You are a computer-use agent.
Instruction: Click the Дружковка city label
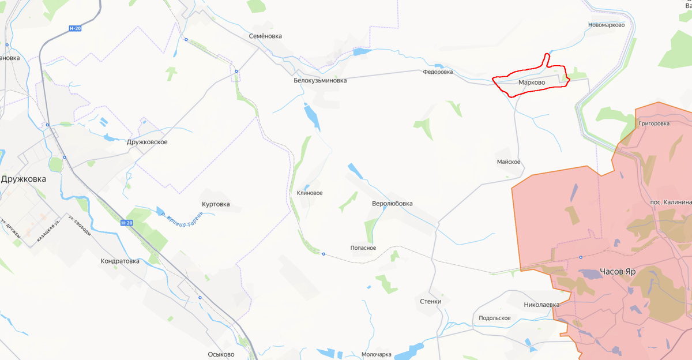pyautogui.click(x=23, y=179)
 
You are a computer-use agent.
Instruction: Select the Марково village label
pyautogui.click(x=532, y=82)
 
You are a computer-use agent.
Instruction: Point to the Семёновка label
pyautogui.click(x=265, y=36)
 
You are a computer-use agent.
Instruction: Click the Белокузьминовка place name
pyautogui.click(x=320, y=81)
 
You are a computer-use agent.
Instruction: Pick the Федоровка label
pyautogui.click(x=438, y=73)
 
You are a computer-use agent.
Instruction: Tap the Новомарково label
pyautogui.click(x=606, y=25)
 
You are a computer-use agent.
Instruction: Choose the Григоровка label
pyautogui.click(x=654, y=123)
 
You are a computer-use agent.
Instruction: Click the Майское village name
pyautogui.click(x=509, y=162)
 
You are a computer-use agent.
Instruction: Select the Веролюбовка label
pyautogui.click(x=392, y=204)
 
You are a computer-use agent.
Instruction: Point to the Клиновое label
pyautogui.click(x=310, y=193)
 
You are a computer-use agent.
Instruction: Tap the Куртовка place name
pyautogui.click(x=216, y=204)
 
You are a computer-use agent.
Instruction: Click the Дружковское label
pyautogui.click(x=147, y=142)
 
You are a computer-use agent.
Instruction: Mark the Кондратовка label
pyautogui.click(x=120, y=261)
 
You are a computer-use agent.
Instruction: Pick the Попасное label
pyautogui.click(x=363, y=248)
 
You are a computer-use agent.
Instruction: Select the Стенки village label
pyautogui.click(x=431, y=301)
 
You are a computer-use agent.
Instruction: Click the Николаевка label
pyautogui.click(x=542, y=304)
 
